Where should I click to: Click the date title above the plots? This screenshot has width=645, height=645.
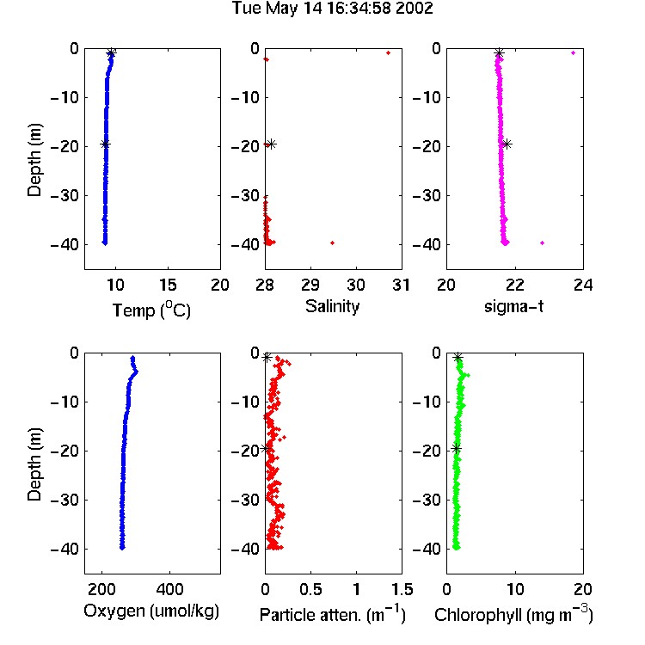pos(332,9)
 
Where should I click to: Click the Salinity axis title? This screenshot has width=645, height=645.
pos(332,306)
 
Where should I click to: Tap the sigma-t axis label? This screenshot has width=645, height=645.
pos(513,306)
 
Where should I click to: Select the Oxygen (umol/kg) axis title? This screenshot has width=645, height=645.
pos(151,611)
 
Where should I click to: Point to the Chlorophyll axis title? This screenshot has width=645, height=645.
pos(513,615)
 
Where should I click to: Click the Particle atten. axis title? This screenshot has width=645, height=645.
pos(332,615)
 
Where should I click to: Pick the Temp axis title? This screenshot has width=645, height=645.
pos(151,310)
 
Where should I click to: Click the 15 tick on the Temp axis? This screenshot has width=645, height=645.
pos(168,285)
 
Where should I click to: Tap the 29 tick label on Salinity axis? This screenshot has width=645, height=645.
pos(310,285)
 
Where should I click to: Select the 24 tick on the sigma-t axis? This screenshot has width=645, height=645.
pos(583,285)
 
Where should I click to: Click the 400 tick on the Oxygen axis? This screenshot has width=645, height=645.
pos(169,589)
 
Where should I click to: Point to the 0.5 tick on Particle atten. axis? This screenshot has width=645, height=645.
pos(310,589)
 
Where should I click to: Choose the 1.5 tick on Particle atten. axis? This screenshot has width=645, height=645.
pos(402,589)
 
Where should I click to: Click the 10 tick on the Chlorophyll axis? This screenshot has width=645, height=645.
pos(515,589)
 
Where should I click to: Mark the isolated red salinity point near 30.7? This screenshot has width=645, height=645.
pos(388,53)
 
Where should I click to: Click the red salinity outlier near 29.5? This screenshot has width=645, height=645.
pos(332,243)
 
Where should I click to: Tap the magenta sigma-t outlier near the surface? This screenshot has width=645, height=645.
pos(573,53)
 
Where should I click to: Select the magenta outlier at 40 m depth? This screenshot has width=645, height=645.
pos(542,243)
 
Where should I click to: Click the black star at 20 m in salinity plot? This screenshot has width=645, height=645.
pos(271,144)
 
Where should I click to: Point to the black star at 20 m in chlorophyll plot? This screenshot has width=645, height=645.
pos(456,448)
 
